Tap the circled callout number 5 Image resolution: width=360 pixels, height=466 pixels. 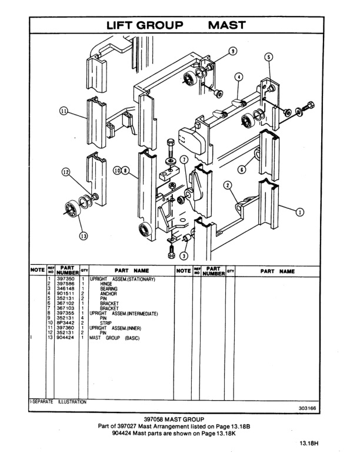(269, 57)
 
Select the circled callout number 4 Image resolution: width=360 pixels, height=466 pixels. (239, 77)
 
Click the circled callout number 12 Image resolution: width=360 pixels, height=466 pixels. (66, 172)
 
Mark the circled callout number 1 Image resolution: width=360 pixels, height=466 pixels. (299, 212)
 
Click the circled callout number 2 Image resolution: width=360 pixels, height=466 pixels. (228, 185)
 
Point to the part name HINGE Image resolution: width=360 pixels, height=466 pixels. (106, 284)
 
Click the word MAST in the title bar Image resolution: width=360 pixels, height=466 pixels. (226, 25)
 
